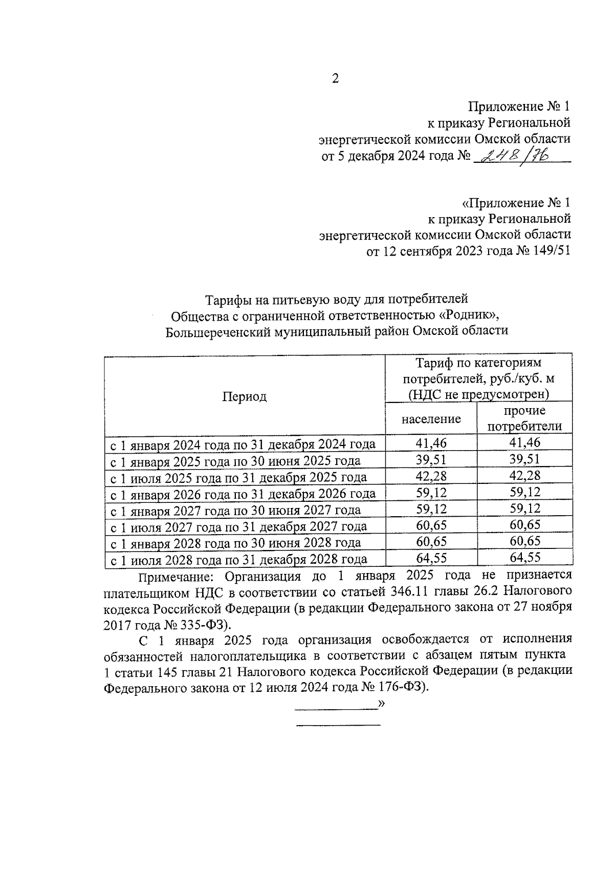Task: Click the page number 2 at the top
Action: point(335,79)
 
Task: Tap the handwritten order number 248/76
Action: point(516,154)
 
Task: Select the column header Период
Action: point(244,396)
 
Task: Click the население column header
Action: point(431,419)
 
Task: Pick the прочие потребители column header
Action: point(524,418)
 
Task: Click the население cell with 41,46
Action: point(431,443)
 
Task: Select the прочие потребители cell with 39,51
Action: point(524,459)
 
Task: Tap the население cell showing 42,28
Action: point(431,476)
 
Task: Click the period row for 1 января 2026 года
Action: point(244,494)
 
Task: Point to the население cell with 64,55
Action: point(431,558)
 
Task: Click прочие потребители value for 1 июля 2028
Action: point(524,558)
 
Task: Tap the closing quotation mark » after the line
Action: point(381,704)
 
